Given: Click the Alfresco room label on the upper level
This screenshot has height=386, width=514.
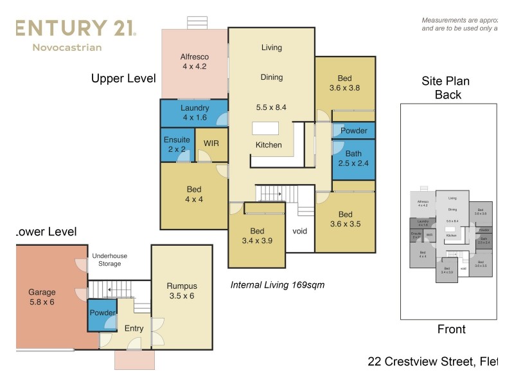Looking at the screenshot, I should pos(195,62).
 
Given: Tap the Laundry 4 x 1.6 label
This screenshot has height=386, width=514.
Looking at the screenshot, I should pos(195,113).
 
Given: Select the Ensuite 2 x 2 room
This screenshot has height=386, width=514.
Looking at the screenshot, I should pos(176,144).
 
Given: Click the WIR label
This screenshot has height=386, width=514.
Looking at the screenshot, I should pos(211,143).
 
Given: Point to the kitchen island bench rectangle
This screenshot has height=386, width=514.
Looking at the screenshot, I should pos(265,127).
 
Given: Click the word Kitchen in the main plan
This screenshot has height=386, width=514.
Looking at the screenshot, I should pos(269,145).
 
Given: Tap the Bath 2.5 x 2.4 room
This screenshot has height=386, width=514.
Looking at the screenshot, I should pos(353,158).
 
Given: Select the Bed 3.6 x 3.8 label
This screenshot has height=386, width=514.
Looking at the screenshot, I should pos(345,83).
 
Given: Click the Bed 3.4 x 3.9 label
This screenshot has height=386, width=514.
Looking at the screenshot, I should pos(257,236).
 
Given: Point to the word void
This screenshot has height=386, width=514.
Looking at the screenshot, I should pos(300,231).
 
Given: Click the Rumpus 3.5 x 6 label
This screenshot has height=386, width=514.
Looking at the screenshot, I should pos(181,291).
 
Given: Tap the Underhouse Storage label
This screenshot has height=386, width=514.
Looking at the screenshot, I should pos(109,259).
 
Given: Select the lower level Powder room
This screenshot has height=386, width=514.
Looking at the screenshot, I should pos(102,313).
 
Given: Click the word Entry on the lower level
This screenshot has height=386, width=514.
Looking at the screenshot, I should pos(134,329).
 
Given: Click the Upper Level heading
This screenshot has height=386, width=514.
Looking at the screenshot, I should pos(123,78).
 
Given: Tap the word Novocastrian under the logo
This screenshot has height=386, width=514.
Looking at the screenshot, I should pos(67,47).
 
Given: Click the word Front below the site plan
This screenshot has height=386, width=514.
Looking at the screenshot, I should pos(451,329).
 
